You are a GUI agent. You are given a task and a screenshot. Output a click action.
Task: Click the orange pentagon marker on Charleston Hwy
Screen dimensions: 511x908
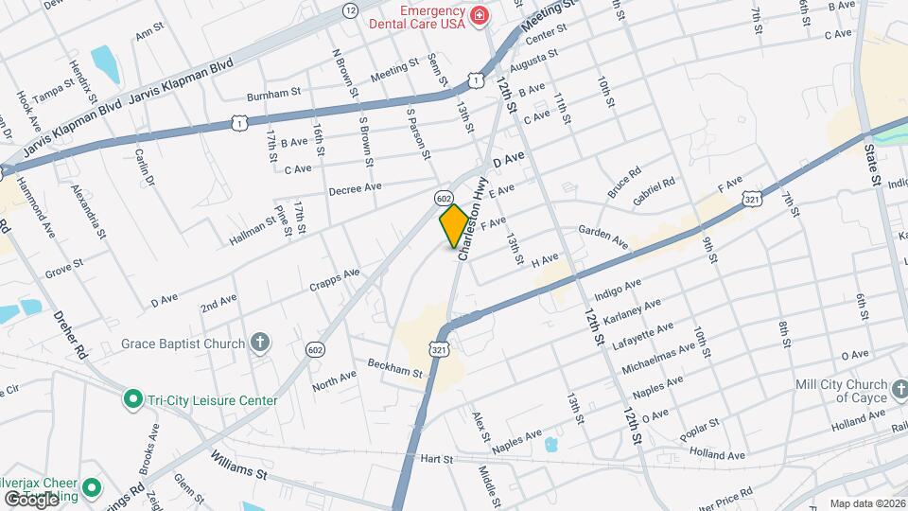click(x=454, y=226)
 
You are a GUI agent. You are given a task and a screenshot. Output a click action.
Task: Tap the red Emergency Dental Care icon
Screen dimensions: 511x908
click(x=480, y=15)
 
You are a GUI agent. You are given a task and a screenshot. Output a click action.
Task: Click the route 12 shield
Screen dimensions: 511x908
click(x=351, y=10)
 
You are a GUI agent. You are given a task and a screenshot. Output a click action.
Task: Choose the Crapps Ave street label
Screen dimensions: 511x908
click(x=334, y=280)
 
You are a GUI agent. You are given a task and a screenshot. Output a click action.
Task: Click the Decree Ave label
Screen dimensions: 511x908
click(x=355, y=189)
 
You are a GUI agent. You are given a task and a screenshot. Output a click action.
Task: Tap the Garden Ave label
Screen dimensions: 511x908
click(x=604, y=238)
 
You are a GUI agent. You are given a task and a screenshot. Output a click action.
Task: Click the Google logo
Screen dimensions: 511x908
click(x=31, y=499)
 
